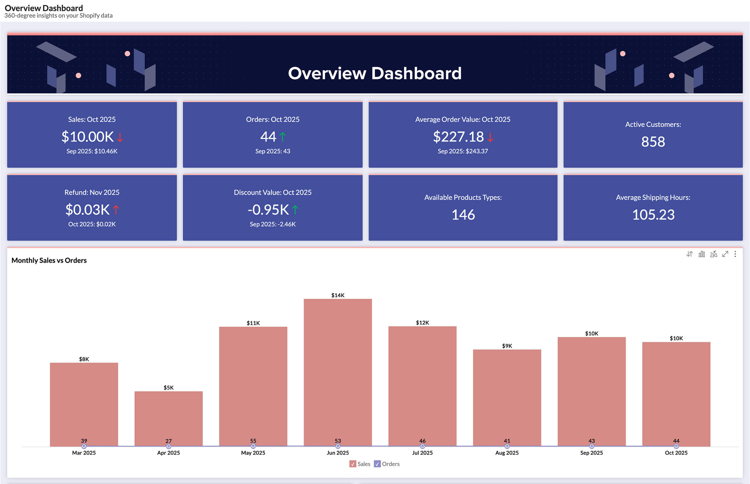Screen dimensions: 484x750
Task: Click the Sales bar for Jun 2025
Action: coord(337,371)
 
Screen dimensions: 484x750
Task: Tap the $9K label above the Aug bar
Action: coord(507,346)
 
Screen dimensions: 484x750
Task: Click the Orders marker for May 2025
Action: coord(253,446)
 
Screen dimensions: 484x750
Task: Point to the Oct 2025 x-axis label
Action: coord(676,453)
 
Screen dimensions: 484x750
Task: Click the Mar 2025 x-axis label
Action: coord(84,453)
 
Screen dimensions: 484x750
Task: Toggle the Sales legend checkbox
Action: coord(352,464)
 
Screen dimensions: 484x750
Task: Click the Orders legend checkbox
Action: coord(377,464)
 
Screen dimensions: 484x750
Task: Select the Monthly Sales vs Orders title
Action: coord(49,260)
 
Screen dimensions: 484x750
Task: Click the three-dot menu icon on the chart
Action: coord(735,254)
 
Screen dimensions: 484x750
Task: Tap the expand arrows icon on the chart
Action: coord(725,254)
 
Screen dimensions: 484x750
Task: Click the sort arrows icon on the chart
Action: coord(689,254)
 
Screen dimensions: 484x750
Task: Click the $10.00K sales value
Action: coord(87,137)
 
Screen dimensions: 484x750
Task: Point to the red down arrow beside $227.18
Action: coord(490,137)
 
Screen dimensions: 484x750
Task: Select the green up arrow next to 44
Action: coord(282,137)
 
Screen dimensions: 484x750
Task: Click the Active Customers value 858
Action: coord(653,142)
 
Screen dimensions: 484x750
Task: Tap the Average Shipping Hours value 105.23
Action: coord(653,215)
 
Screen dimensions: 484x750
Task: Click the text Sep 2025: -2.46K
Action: coord(272,224)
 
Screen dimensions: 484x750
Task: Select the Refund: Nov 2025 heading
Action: coord(92,192)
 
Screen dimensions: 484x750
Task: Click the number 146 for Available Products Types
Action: coord(463,215)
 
